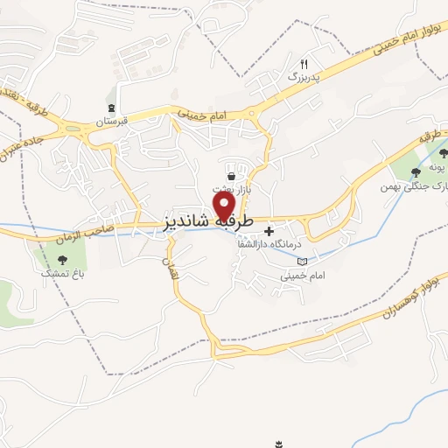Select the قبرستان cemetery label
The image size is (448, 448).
[x=112, y=120]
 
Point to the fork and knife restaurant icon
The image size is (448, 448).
[x=304, y=64]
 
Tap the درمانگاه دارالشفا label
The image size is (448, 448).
[x=270, y=244]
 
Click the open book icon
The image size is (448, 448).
[x=303, y=261]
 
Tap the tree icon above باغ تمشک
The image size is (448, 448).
[x=62, y=259]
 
